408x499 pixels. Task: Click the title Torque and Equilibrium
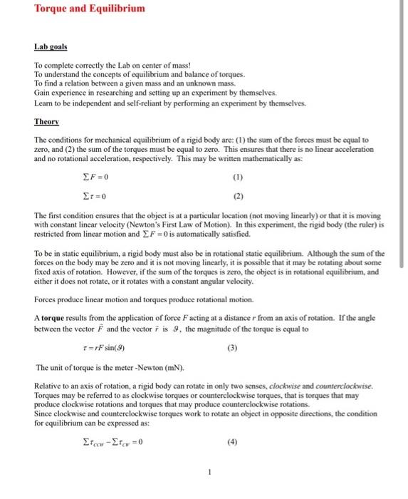(90, 9)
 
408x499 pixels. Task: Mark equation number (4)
(232, 444)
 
